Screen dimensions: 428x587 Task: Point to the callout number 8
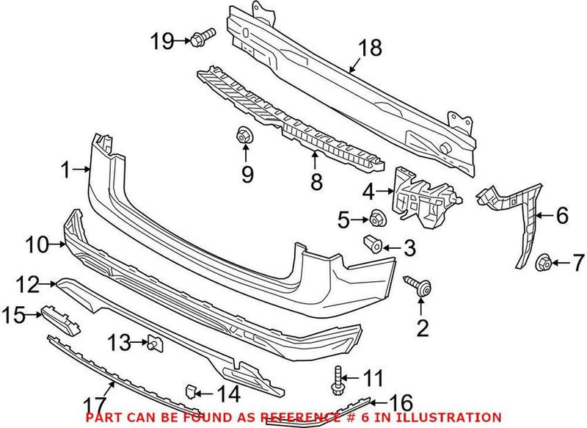(316, 181)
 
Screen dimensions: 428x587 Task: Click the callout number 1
(65, 171)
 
